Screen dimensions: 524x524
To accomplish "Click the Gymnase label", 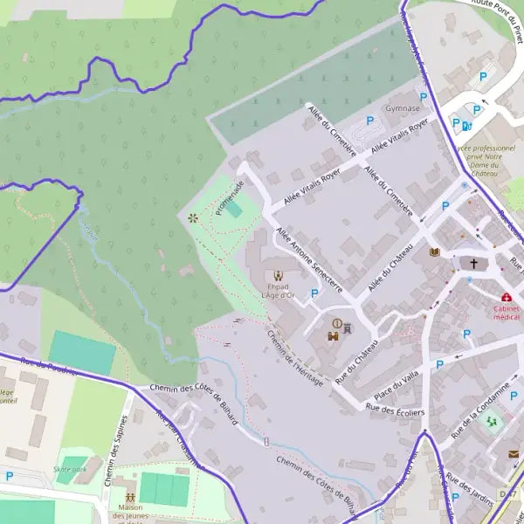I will coord(403,109).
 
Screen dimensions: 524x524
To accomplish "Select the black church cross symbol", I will coord(475,263).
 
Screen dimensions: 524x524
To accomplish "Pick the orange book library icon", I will coord(435,253).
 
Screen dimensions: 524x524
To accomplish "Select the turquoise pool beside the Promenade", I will coord(234,210).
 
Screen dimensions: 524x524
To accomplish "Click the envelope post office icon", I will coord(514,453).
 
